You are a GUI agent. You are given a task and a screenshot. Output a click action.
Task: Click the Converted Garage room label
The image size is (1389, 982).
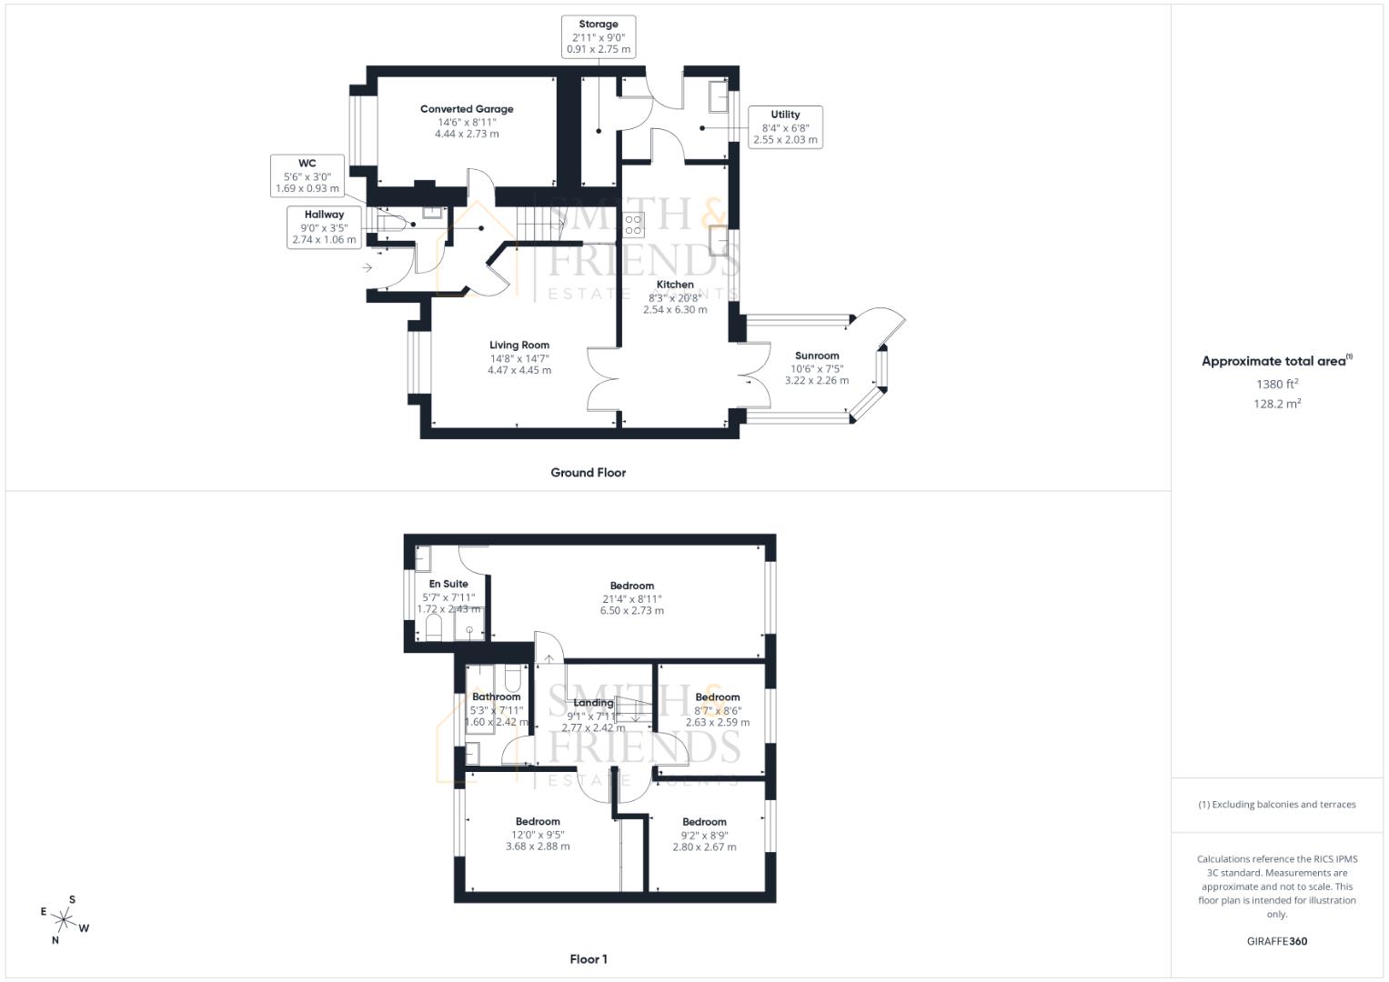(x=467, y=109)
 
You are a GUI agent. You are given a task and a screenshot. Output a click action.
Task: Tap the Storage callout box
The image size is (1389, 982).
(x=598, y=37)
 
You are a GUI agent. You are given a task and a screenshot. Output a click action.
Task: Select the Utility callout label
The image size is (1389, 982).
(x=785, y=127)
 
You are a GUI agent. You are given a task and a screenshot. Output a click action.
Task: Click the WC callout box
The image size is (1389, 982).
(x=307, y=176)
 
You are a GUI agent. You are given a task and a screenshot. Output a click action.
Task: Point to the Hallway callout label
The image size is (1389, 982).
(x=324, y=227)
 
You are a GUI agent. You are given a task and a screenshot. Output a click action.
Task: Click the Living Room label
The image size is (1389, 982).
(x=519, y=346)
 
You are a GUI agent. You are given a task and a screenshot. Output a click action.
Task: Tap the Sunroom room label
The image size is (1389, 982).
(x=817, y=356)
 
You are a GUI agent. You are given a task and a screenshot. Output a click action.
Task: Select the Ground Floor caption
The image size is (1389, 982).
(x=588, y=473)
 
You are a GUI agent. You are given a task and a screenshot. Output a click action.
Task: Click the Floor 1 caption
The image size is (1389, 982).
(x=589, y=959)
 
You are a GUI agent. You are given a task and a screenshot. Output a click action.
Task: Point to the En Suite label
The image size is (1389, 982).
(x=448, y=585)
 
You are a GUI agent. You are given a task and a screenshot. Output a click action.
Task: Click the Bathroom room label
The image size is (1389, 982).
(x=496, y=697)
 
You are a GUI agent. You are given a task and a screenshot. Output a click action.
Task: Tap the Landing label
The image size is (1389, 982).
(x=593, y=703)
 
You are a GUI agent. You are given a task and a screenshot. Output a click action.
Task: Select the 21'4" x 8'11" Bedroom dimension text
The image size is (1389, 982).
(x=632, y=599)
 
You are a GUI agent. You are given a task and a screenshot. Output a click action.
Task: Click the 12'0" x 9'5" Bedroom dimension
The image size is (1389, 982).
(x=538, y=835)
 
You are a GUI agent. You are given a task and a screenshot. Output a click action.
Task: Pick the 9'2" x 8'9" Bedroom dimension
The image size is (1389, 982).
(x=705, y=835)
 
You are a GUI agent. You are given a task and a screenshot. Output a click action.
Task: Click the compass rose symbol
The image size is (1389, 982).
(x=65, y=919)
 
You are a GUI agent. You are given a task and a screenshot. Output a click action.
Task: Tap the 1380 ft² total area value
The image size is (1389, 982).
(x=1277, y=385)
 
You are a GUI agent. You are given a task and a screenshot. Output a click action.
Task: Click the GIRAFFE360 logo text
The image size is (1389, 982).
(x=1276, y=941)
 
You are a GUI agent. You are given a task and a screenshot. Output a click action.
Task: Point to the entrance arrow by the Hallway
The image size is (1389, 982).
(x=367, y=267)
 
